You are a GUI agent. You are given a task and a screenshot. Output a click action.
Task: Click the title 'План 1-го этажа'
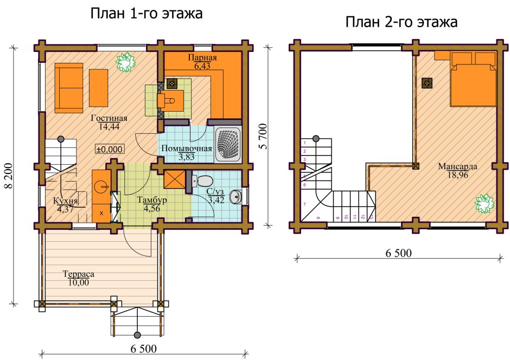pyautogui.click(x=146, y=14)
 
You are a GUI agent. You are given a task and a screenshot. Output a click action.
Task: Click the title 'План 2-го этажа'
pyautogui.click(x=401, y=22)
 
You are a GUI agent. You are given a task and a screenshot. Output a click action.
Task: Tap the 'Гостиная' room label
pyautogui.click(x=109, y=119)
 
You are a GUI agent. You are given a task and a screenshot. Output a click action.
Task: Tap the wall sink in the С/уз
pyautogui.click(x=235, y=196)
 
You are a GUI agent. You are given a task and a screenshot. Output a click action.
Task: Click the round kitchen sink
pyautogui.click(x=101, y=187)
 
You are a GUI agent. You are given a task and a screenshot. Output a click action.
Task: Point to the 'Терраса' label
pyautogui.click(x=78, y=274)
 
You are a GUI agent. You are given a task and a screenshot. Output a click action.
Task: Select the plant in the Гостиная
pyautogui.click(x=125, y=62)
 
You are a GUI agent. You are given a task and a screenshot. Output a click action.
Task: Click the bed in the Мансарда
pyautogui.click(x=474, y=79)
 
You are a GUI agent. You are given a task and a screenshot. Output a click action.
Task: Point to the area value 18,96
pyautogui.click(x=457, y=175)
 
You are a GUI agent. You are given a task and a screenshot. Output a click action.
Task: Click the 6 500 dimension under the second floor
pyautogui.click(x=399, y=253)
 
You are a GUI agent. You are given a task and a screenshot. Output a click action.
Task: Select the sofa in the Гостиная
pyautogui.click(x=68, y=88)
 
